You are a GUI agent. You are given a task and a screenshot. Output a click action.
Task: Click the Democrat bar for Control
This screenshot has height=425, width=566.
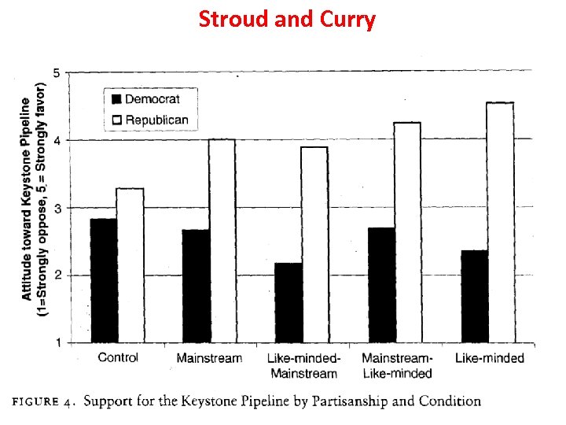point(104,280)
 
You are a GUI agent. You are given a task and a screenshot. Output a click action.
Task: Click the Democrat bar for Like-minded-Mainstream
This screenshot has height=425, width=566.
point(289,302)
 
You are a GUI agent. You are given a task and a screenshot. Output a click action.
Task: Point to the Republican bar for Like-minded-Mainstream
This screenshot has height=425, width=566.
point(314,244)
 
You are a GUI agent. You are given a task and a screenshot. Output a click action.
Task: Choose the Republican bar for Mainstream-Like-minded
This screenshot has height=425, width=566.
point(407,232)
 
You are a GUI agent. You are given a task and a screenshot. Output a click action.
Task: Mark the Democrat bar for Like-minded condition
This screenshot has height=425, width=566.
point(474,296)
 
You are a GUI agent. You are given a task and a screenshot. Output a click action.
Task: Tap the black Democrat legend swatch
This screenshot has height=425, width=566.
point(117,99)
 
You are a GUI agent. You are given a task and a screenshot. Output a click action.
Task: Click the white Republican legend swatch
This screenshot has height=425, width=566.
point(117,120)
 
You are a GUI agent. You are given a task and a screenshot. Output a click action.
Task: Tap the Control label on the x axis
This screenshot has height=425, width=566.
point(117,358)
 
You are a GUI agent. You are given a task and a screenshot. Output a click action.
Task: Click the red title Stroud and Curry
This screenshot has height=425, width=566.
point(287,19)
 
